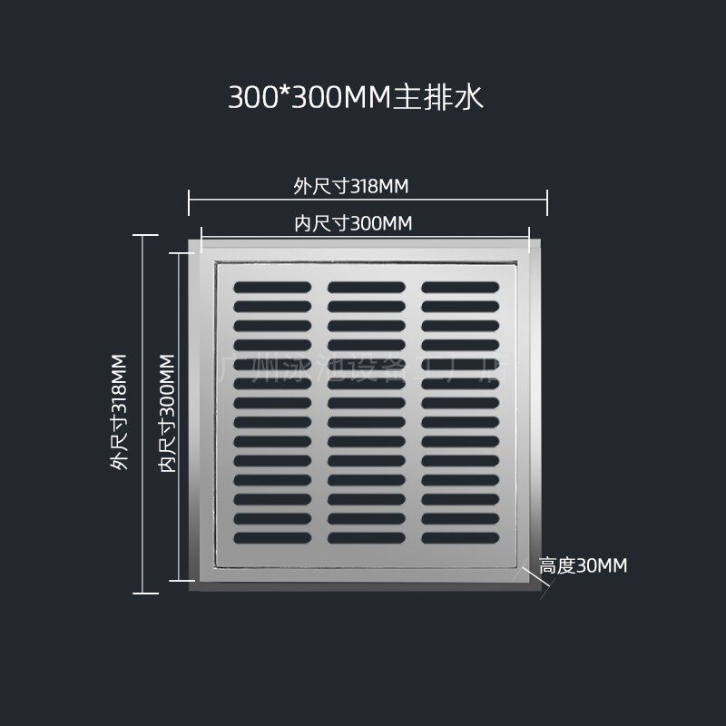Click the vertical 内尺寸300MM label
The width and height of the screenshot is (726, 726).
tap(165, 413)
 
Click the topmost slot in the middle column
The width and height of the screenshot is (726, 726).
tap(367, 287)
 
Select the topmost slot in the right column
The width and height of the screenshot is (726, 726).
tap(460, 287)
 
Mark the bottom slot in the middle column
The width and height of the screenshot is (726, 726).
tap(367, 538)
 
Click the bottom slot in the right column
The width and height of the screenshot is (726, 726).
tap(460, 538)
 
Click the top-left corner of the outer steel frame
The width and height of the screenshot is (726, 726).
tap(191, 239)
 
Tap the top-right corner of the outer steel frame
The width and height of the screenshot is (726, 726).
tap(544, 239)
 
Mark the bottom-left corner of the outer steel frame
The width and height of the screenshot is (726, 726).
tap(191, 591)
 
